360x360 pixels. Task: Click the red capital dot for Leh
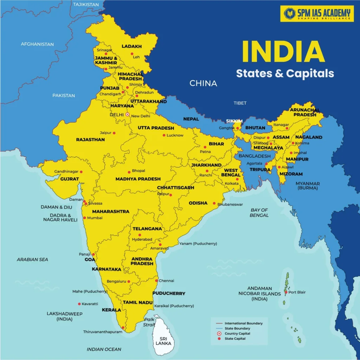click(x=132, y=54)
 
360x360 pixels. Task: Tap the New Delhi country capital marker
click(x=128, y=114)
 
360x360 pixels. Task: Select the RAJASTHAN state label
click(x=90, y=140)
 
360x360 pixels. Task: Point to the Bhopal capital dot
click(x=129, y=172)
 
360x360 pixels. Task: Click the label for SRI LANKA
click(x=162, y=340)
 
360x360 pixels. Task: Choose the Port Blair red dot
click(x=286, y=292)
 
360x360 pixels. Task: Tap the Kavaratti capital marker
click(x=79, y=304)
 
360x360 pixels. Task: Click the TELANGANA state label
click(x=147, y=229)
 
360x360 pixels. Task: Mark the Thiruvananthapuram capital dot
click(x=122, y=328)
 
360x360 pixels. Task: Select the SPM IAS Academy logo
click(x=322, y=14)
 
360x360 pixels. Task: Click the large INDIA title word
click(x=283, y=52)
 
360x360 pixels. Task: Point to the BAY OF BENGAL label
click(x=259, y=212)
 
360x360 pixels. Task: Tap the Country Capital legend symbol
click(x=219, y=333)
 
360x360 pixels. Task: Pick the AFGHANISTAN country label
click(x=37, y=44)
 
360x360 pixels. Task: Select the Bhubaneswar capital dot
click(x=214, y=203)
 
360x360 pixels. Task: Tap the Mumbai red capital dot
click(x=84, y=218)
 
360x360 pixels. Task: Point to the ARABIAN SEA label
click(x=32, y=259)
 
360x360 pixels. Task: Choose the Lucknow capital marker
click(x=164, y=135)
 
